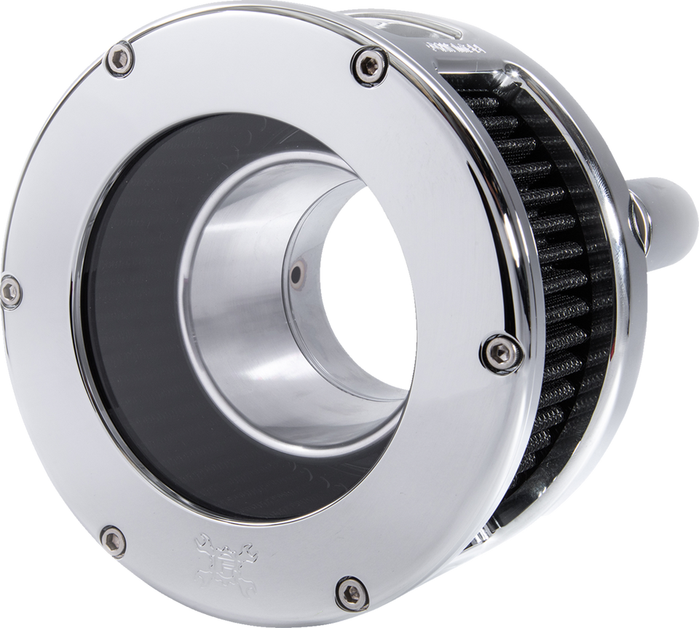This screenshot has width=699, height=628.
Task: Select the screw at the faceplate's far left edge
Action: point(9,291)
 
